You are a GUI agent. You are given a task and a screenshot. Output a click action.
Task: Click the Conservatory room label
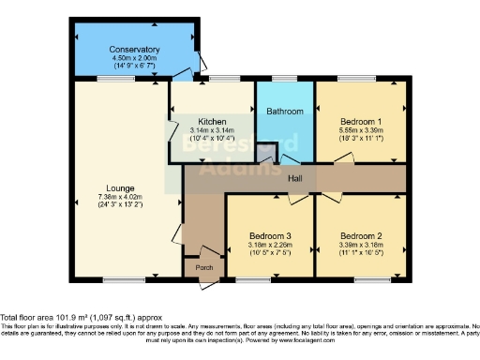(134, 50)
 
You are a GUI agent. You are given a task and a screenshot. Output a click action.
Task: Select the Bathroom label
(285, 112)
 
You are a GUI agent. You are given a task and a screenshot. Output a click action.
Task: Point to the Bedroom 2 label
(360, 233)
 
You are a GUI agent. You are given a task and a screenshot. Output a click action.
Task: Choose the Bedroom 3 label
(269, 233)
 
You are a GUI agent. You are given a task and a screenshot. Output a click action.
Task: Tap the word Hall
(294, 177)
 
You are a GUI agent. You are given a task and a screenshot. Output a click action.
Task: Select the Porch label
(203, 268)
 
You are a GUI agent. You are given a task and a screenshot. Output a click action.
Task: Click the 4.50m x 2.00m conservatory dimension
(134, 58)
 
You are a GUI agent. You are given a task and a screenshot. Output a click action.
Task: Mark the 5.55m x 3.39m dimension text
(360, 131)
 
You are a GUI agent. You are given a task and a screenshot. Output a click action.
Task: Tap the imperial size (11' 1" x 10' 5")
(360, 251)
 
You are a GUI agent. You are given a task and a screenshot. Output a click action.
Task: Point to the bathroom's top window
(285, 79)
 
